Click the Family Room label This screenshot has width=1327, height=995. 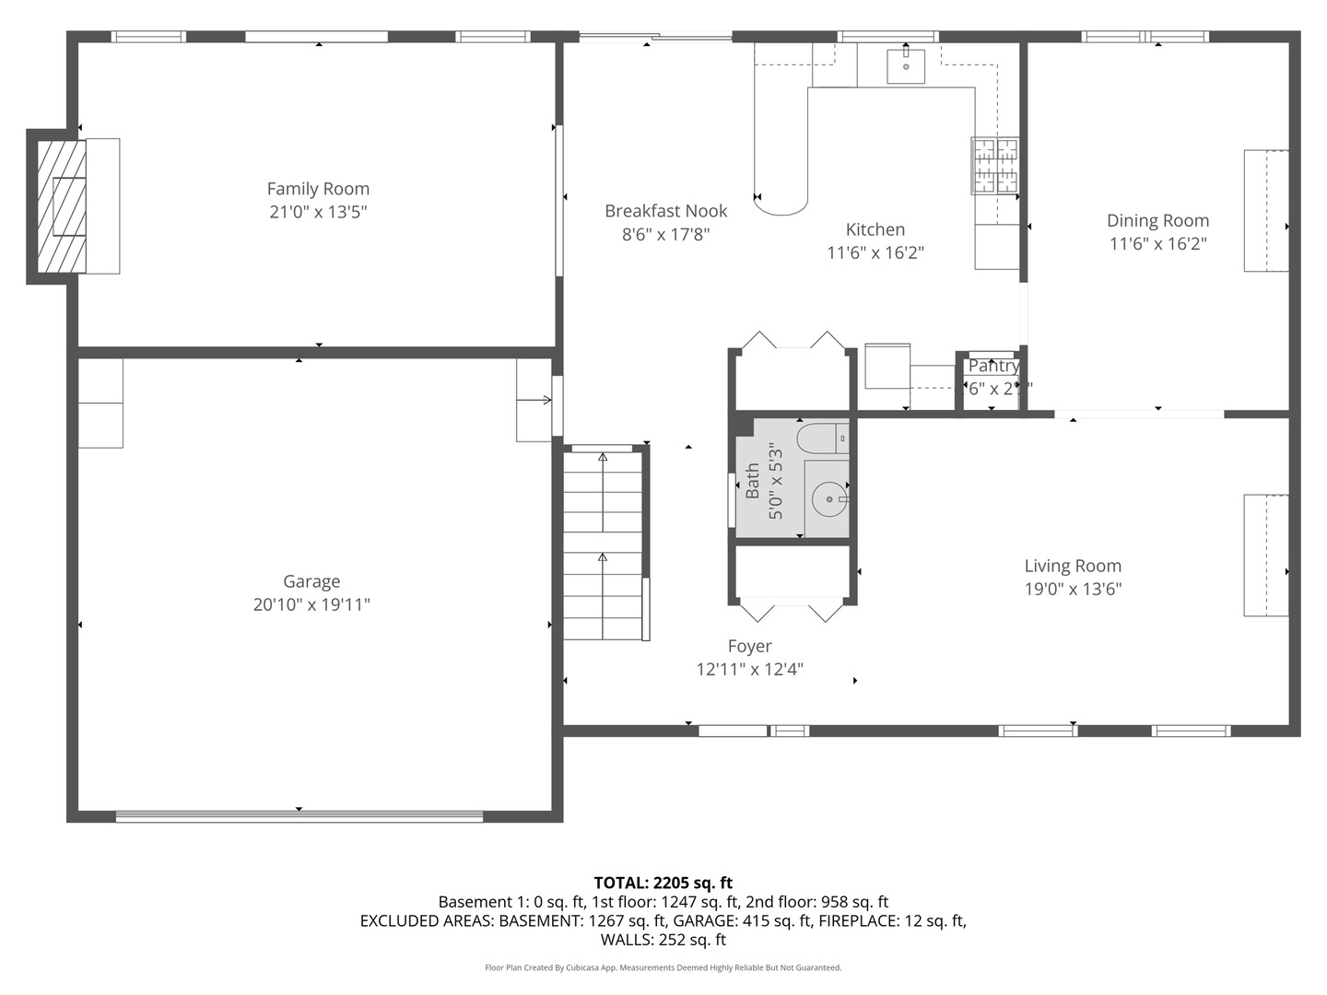click(x=318, y=189)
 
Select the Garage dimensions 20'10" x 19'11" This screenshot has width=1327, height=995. click(x=311, y=604)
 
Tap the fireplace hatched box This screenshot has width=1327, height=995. click(x=62, y=205)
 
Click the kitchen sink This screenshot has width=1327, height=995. click(x=906, y=66)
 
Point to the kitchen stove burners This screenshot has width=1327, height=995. click(x=995, y=166)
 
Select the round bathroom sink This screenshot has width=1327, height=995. click(x=829, y=500)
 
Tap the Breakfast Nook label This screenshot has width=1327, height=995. click(x=665, y=211)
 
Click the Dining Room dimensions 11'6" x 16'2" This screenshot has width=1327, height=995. click(x=1157, y=244)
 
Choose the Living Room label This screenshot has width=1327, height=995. click(x=1073, y=566)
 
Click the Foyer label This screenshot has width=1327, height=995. click(x=749, y=646)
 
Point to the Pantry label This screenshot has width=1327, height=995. click(x=993, y=366)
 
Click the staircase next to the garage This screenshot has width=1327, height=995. click(x=603, y=544)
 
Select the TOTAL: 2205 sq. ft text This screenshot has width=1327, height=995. click(x=663, y=883)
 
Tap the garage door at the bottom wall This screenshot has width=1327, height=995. click(x=299, y=815)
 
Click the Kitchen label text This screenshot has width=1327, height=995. click(x=875, y=229)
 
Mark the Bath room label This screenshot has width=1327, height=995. click(x=753, y=481)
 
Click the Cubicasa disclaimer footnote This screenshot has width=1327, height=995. click(x=663, y=967)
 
